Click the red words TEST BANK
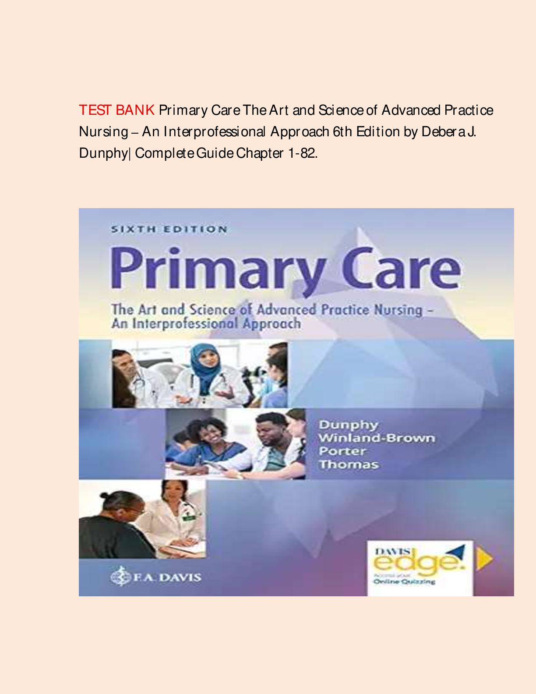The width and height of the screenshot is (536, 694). pos(116,110)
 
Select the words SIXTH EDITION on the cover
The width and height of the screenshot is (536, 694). pos(169,230)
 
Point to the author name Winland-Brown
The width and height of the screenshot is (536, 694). pos(377,438)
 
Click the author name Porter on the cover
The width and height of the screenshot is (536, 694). pos(342,451)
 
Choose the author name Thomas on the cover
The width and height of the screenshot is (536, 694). pos(349,464)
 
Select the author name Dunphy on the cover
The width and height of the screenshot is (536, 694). pos(348,425)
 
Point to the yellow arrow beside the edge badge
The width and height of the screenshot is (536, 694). pos(484,560)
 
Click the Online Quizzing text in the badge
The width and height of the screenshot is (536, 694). pos(404,581)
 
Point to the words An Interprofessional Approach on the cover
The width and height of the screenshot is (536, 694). pos(206,324)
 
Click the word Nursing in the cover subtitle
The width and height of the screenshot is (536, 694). pos(398,310)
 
